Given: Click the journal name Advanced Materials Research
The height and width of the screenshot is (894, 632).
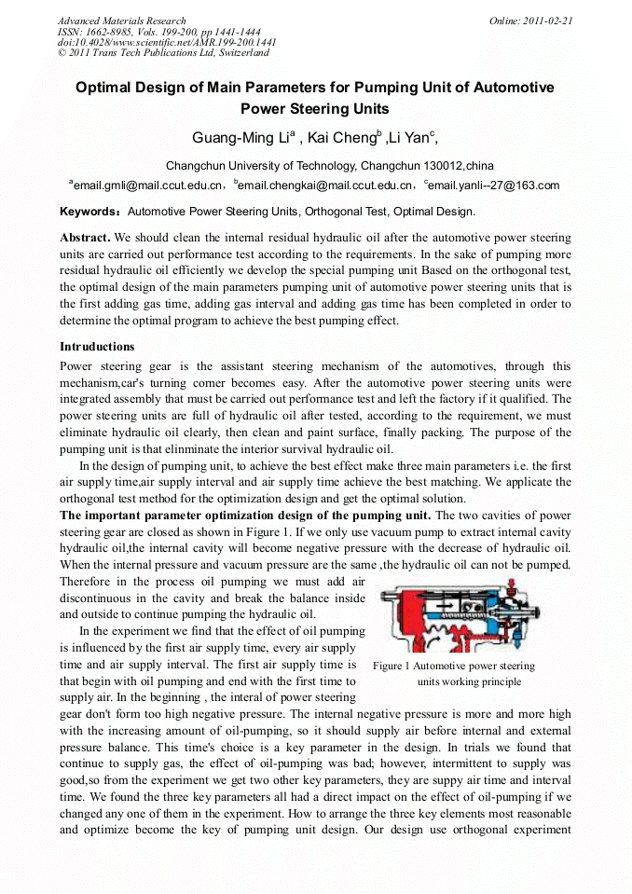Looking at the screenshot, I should [121, 21].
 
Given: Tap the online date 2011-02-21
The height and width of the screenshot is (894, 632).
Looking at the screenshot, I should [546, 21].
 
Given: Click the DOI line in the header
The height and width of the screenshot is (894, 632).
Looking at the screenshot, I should [167, 42].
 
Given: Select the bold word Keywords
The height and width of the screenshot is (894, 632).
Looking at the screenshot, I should [90, 212].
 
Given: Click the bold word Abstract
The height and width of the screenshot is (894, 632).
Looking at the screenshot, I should [85, 238].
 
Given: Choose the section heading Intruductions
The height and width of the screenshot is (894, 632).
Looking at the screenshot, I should [97, 347].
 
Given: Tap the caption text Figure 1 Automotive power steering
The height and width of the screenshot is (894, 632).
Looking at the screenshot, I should [454, 666].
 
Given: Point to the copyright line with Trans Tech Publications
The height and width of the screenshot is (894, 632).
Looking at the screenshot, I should [163, 53].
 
